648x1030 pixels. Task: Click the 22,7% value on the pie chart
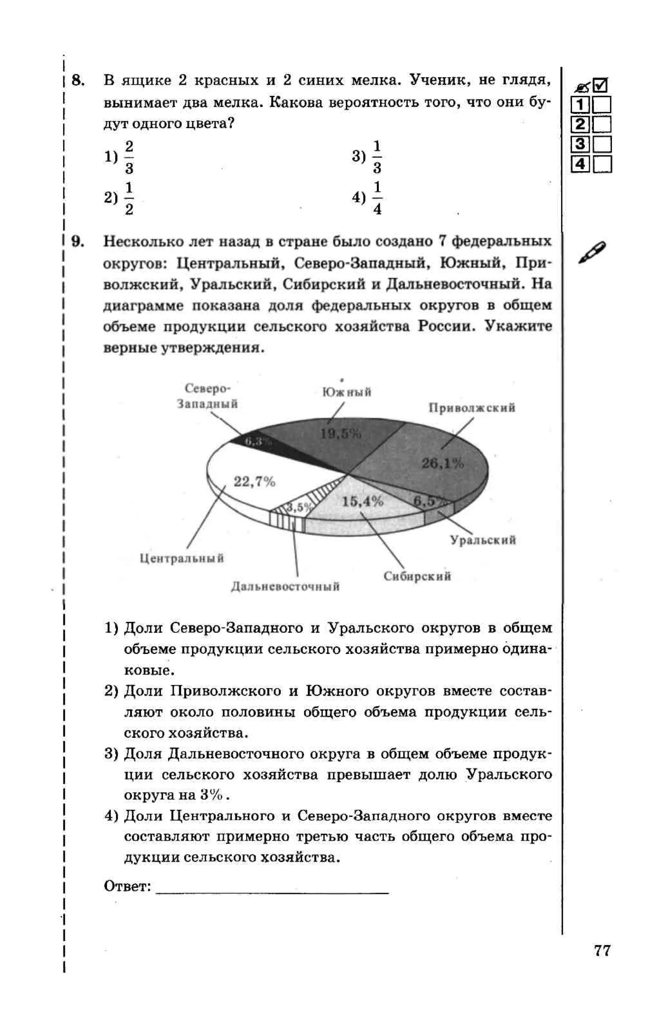coord(254,482)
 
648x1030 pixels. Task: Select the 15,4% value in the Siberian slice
coord(362,501)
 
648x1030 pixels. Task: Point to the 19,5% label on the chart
coord(341,434)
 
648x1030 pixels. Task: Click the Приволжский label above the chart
coord(472,408)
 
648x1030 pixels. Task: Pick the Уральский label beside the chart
coord(483,540)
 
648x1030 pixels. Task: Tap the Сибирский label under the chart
coord(417,576)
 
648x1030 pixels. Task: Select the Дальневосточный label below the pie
coord(285,586)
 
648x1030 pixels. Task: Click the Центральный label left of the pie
coord(182,558)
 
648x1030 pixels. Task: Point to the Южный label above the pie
coord(347,392)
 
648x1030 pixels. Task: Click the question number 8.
coord(78,80)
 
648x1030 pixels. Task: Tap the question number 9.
coord(78,242)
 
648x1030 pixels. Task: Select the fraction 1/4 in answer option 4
coord(377,198)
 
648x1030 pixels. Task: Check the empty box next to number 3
coord(602,145)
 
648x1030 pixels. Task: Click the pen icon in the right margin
coord(592,252)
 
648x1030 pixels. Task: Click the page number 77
coord(601,950)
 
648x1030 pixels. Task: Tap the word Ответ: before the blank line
coord(127,886)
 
